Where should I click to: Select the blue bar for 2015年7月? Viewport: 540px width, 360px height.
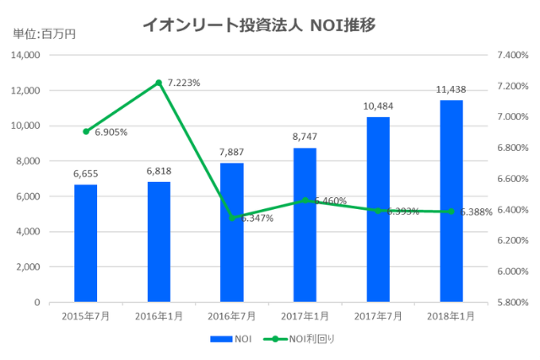(x=85, y=243)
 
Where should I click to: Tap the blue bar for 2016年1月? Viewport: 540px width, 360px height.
(x=159, y=241)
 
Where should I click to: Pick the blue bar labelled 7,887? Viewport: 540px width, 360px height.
(x=231, y=232)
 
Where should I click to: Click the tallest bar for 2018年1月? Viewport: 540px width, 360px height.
(x=451, y=201)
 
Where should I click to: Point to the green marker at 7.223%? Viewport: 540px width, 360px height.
(x=159, y=83)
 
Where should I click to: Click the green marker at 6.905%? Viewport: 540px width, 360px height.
(x=85, y=132)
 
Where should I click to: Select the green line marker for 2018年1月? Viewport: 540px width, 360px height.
(x=451, y=212)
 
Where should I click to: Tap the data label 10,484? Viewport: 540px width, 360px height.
(x=378, y=106)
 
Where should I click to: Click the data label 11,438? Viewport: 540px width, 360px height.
(x=451, y=89)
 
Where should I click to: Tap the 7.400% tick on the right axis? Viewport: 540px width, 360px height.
(x=513, y=55)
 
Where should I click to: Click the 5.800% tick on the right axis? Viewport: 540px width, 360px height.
(x=513, y=302)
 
